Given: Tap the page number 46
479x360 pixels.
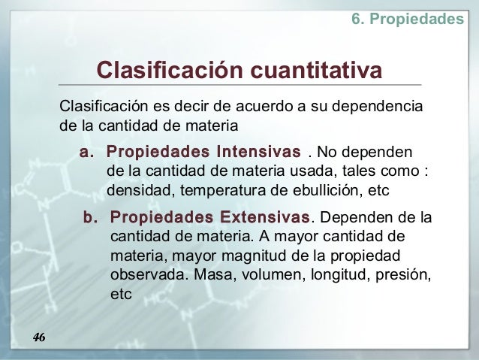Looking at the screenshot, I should [x=39, y=337].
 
